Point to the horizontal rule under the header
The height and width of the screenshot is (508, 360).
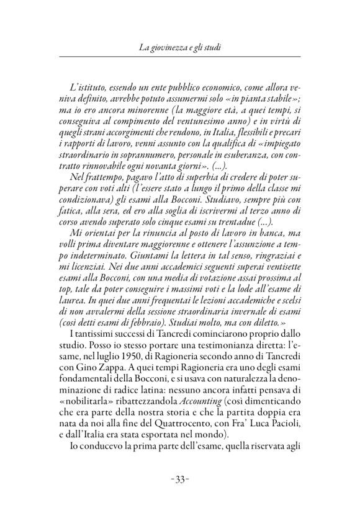180,57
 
